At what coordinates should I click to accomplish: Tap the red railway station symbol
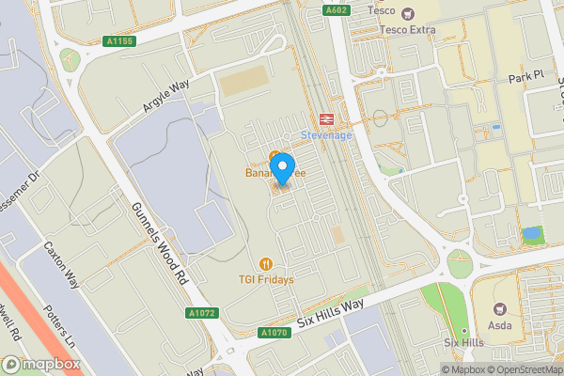point(327,119)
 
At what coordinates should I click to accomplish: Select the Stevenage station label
point(325,135)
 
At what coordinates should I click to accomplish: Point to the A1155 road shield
point(119,41)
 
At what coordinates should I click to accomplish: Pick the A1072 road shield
point(200,312)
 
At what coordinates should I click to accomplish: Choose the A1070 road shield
point(275,333)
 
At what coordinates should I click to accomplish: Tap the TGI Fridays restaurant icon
point(267,264)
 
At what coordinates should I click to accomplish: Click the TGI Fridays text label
point(267,279)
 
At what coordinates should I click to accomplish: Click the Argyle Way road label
point(166,98)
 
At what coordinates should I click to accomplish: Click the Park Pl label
point(525,75)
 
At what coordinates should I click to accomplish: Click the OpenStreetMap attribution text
point(521,369)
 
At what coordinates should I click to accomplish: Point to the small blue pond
point(532,232)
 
